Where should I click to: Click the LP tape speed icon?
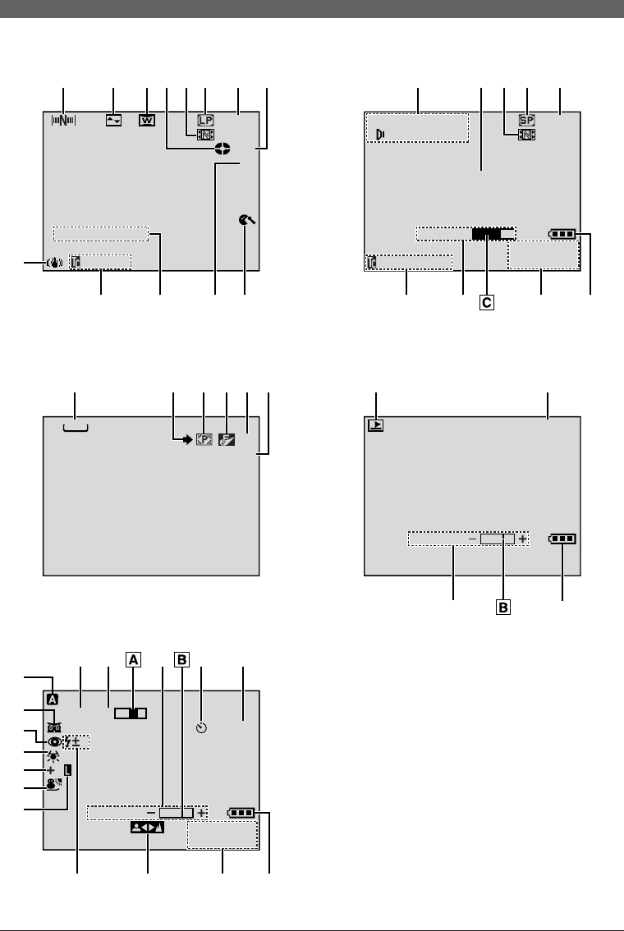click(206, 119)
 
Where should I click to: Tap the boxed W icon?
click(146, 120)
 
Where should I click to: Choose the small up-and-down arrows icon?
click(113, 120)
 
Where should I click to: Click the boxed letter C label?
click(487, 302)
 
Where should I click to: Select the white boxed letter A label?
click(131, 657)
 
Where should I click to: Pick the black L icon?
click(69, 771)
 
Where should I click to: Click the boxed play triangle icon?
click(376, 425)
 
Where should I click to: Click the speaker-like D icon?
click(380, 135)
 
